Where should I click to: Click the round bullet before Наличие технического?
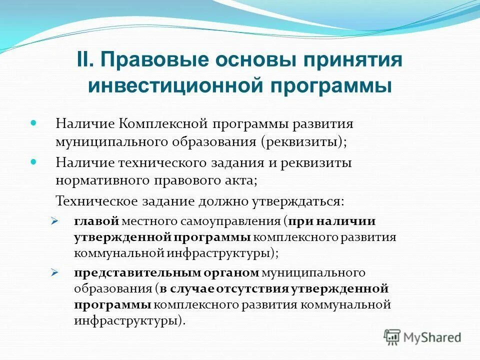click(34, 162)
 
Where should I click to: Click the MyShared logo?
click(422, 337)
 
